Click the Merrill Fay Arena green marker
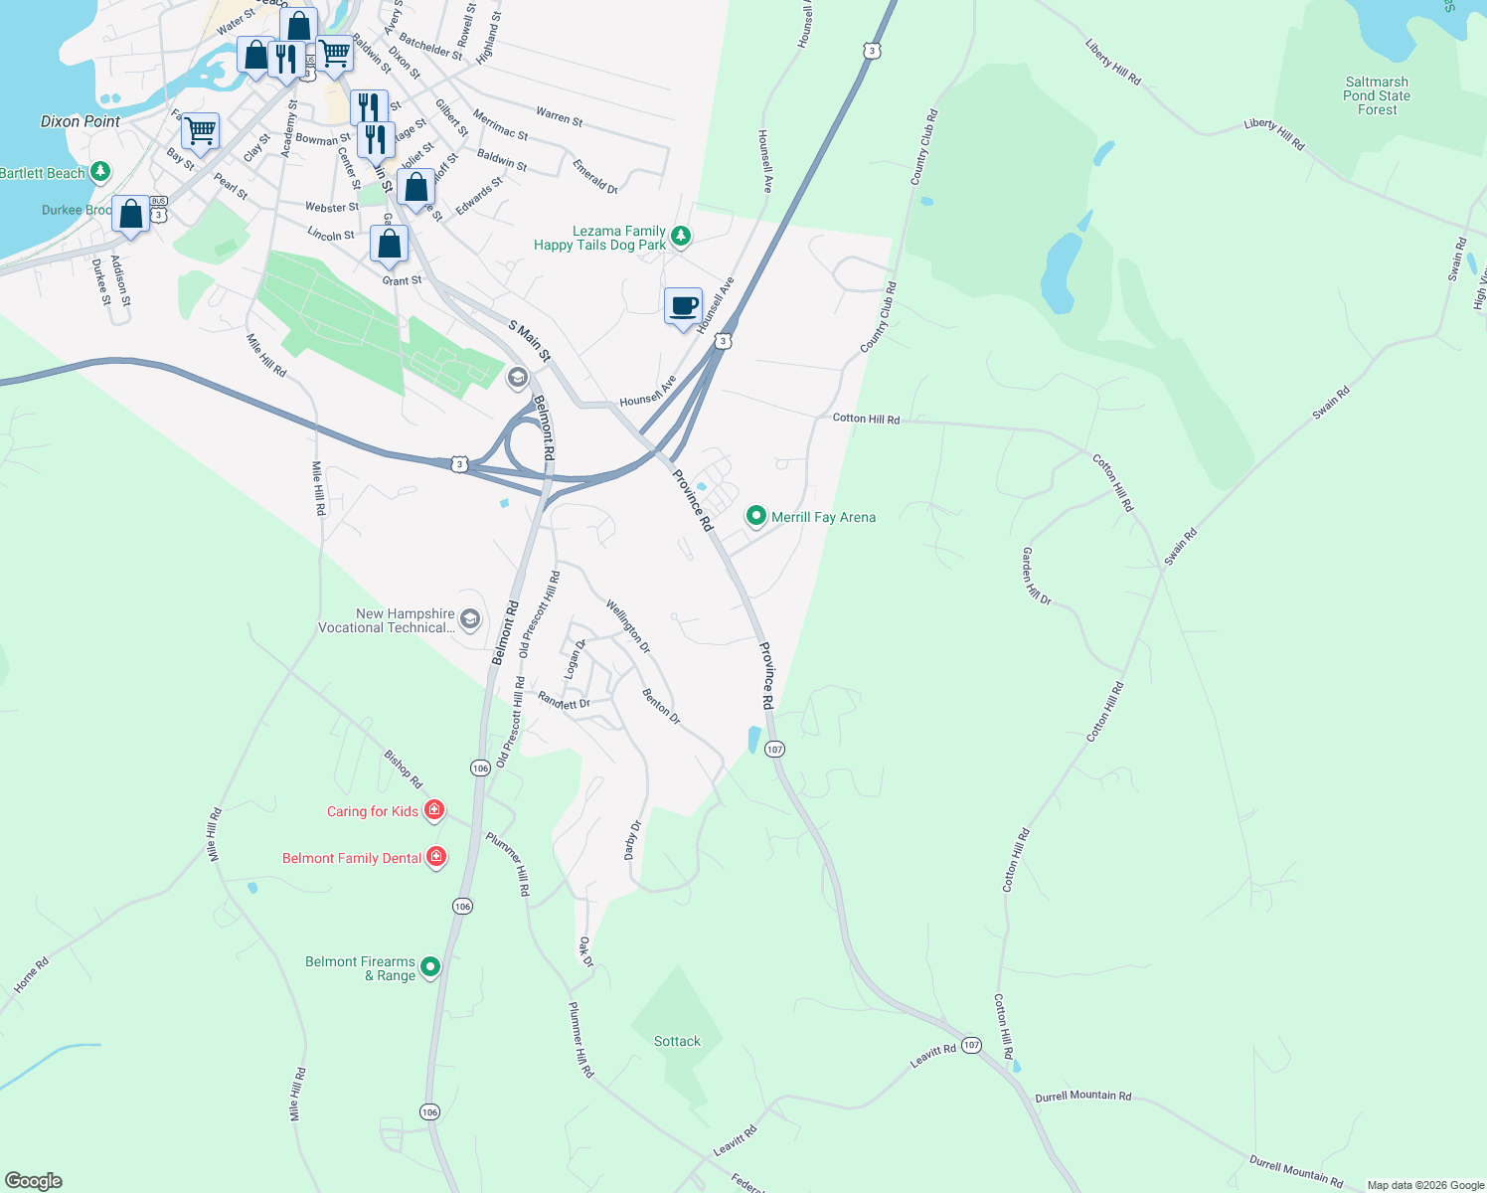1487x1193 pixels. coord(756,515)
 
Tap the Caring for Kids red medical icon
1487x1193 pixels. coord(434,810)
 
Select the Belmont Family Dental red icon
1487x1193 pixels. coord(436,856)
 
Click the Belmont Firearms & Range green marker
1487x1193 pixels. coord(430,965)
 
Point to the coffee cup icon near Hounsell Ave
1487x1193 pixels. coord(683,306)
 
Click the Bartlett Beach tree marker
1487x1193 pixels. coord(100,172)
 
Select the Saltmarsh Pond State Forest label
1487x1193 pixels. coord(1377,96)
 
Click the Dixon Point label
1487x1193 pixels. coord(81,121)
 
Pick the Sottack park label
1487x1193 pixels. coord(677,1041)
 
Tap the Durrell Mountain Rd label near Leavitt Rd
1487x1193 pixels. coord(1082,1097)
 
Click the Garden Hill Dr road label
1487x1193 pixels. coord(1037,576)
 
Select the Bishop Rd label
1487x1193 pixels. coord(404,769)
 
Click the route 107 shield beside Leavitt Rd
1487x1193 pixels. coord(971,1045)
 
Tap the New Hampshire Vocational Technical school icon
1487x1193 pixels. coord(470,620)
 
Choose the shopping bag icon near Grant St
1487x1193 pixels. coord(390,244)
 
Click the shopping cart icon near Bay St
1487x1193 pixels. coord(201,130)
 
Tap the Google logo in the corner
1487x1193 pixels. coord(34,1181)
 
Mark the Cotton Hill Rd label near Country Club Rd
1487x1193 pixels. coord(866,419)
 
